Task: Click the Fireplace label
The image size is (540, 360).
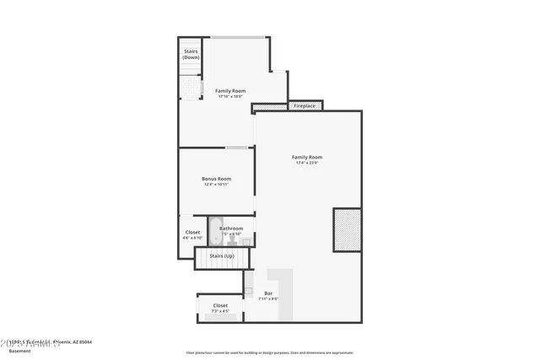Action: pyautogui.click(x=305, y=106)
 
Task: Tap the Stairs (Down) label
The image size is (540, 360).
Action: pyautogui.click(x=191, y=54)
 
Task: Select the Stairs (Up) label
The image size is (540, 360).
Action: pyautogui.click(x=222, y=255)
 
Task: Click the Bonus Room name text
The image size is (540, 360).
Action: pyautogui.click(x=216, y=179)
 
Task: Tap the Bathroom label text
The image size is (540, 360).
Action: pyautogui.click(x=231, y=228)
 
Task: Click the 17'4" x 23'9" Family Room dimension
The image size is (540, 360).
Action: pyautogui.click(x=307, y=163)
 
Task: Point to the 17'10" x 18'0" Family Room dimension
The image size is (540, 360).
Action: pyautogui.click(x=229, y=96)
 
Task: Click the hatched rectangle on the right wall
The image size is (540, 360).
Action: pyautogui.click(x=347, y=229)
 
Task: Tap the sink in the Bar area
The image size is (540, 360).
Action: pyautogui.click(x=249, y=289)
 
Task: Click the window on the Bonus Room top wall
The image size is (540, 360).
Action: pyautogui.click(x=236, y=148)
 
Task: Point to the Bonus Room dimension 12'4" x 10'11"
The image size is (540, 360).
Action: pyautogui.click(x=216, y=185)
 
